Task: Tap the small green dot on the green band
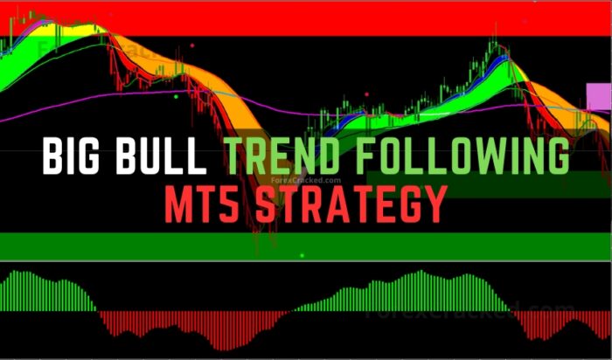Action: [x=302, y=255]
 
